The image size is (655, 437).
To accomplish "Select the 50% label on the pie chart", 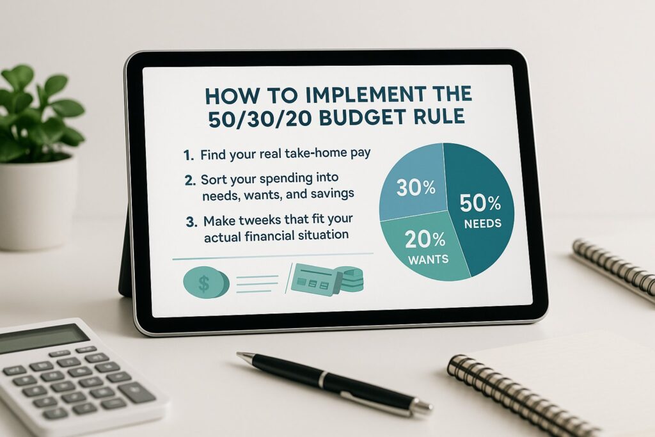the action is pos(480,203).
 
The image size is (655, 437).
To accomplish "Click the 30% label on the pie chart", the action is pos(416,187).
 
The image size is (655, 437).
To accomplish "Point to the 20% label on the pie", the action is pos(425,240).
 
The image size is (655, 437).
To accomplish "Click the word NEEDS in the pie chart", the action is pos(483,223).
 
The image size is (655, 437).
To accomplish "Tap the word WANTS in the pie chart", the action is pos(428,259).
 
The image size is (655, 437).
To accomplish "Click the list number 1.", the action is pos(188,155).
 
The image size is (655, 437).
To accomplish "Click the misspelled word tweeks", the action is pos(262,219).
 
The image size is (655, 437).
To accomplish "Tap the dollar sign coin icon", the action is pos(206,283).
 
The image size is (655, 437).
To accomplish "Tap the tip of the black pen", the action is pos(238,354).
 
